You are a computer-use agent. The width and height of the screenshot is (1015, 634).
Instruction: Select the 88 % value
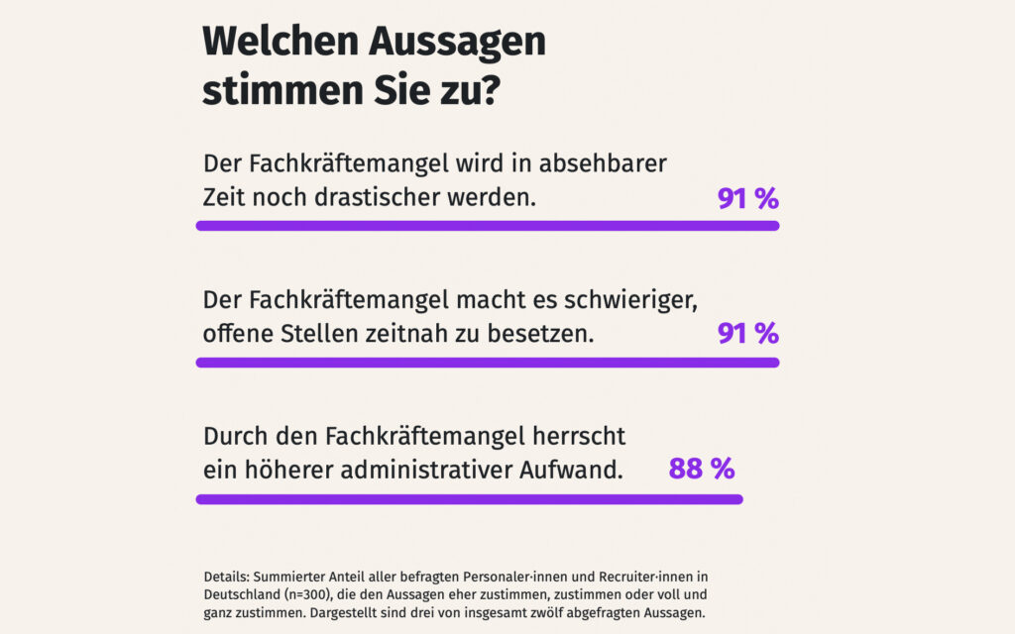click(702, 469)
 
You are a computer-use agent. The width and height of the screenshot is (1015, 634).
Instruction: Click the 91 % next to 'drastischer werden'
click(748, 198)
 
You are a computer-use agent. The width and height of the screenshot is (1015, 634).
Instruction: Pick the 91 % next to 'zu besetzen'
click(748, 334)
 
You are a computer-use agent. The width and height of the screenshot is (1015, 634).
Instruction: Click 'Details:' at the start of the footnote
click(227, 577)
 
